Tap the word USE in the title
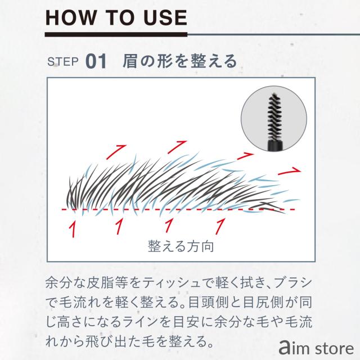pyautogui.click(x=163, y=17)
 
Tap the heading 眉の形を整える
pyautogui.click(x=180, y=61)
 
